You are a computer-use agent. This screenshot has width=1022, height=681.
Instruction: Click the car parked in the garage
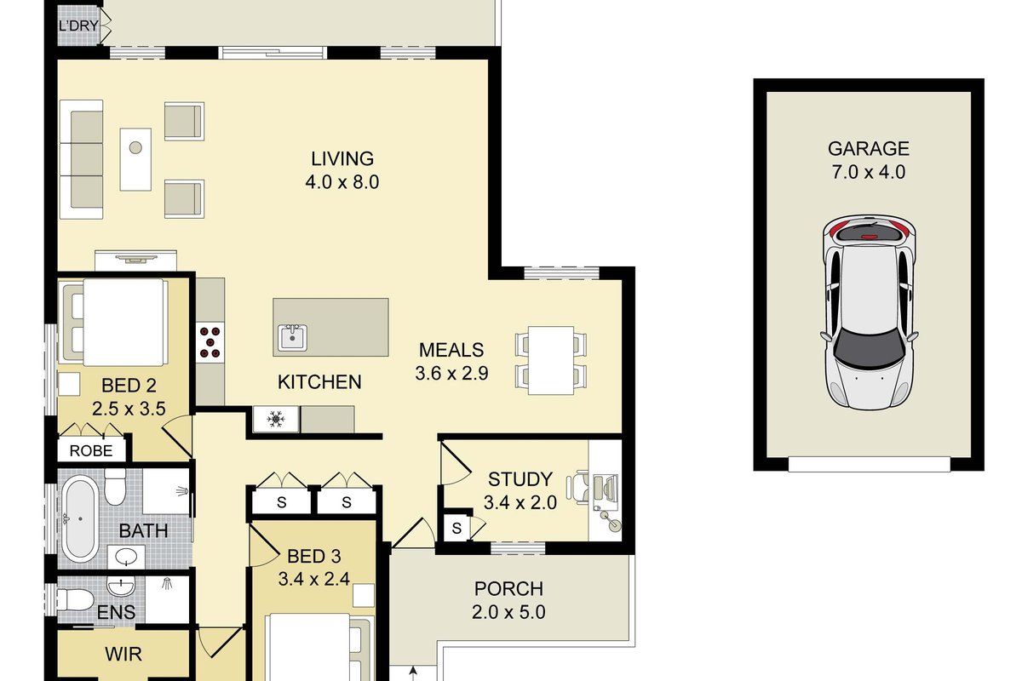[x=870, y=313]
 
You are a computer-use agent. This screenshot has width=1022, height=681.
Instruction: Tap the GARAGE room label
[x=868, y=149]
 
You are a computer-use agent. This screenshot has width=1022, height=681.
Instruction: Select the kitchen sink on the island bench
[x=292, y=338]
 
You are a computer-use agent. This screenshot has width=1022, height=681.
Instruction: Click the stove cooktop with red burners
[x=210, y=342]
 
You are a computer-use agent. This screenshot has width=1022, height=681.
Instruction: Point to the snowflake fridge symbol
[x=276, y=419]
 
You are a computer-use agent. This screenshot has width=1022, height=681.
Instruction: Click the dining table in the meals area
[x=551, y=360]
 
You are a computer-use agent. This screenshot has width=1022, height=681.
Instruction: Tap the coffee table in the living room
[x=135, y=159]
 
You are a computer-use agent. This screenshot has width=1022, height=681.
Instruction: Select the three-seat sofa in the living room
[x=81, y=159]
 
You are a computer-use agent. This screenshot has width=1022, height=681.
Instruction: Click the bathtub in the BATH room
[x=80, y=518]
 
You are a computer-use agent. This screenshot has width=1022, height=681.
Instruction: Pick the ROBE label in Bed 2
[x=91, y=451]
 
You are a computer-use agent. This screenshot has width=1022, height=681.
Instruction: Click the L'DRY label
[x=79, y=26]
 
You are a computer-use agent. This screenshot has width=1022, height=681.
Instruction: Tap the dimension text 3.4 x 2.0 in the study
[x=520, y=503]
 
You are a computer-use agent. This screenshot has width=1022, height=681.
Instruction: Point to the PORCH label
[x=508, y=589]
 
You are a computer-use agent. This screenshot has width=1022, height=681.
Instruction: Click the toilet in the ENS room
[x=75, y=600]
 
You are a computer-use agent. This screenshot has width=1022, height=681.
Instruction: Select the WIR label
[x=123, y=655]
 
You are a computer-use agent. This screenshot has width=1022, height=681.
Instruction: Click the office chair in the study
[x=577, y=488]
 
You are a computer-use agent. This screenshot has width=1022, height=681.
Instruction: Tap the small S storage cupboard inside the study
[x=456, y=528]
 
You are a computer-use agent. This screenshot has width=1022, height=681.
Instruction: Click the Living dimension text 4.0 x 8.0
[x=342, y=182]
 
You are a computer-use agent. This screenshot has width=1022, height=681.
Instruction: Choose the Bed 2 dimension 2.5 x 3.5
[x=129, y=409]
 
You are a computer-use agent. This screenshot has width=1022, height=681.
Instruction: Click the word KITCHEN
[x=319, y=382]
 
